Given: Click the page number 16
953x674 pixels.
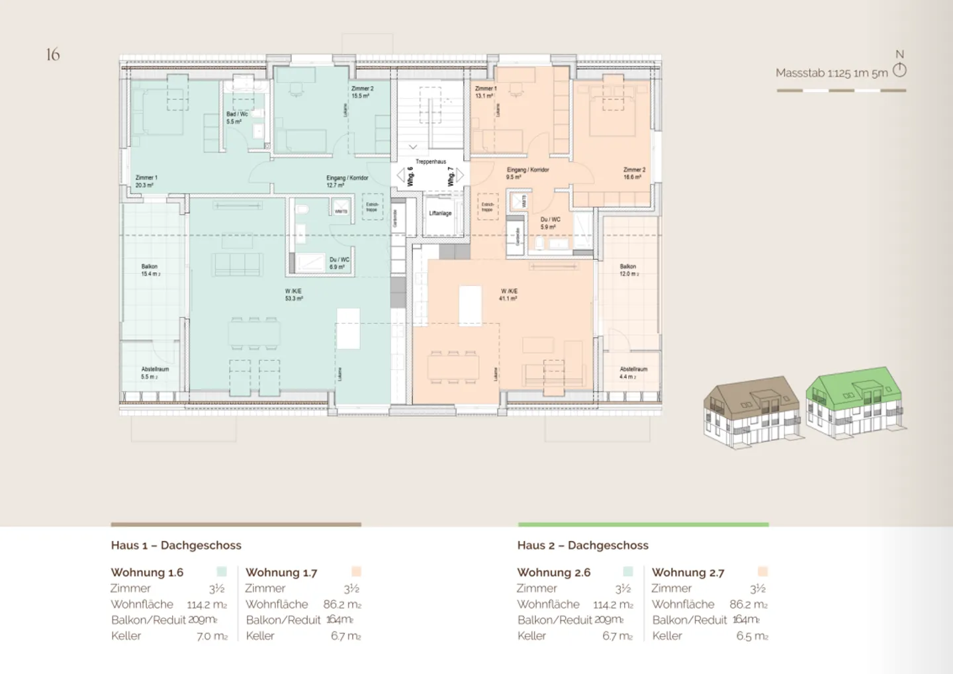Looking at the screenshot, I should (x=53, y=54).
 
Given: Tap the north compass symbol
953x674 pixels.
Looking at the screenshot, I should (x=899, y=70).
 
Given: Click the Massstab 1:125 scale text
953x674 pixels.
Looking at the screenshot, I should (x=831, y=73).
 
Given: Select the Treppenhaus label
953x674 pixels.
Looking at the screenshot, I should (x=431, y=162).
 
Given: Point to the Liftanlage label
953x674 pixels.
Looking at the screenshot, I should (x=440, y=213).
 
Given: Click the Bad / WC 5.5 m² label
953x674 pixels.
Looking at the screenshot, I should (x=237, y=118).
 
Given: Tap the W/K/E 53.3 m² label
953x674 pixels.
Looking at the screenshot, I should (x=294, y=295).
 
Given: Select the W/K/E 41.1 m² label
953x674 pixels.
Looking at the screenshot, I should (x=508, y=295).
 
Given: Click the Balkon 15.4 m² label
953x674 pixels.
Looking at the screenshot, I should (x=150, y=270).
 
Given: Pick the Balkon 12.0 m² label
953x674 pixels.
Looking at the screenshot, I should (x=629, y=270).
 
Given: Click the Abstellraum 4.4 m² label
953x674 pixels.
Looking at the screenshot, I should (x=633, y=373).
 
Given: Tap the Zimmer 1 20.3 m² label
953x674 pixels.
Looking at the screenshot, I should (x=146, y=181).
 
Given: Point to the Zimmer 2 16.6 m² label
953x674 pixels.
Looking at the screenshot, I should (x=634, y=173).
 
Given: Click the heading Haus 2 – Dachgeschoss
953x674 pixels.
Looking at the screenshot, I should (x=582, y=546).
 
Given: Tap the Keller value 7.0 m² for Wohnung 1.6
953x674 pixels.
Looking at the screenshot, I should (x=212, y=636).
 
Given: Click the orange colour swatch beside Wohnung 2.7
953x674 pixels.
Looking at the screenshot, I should (x=762, y=571).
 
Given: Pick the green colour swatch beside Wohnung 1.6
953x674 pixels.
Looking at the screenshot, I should (x=222, y=571).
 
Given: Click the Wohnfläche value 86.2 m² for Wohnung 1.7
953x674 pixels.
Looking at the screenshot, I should (x=342, y=604).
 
